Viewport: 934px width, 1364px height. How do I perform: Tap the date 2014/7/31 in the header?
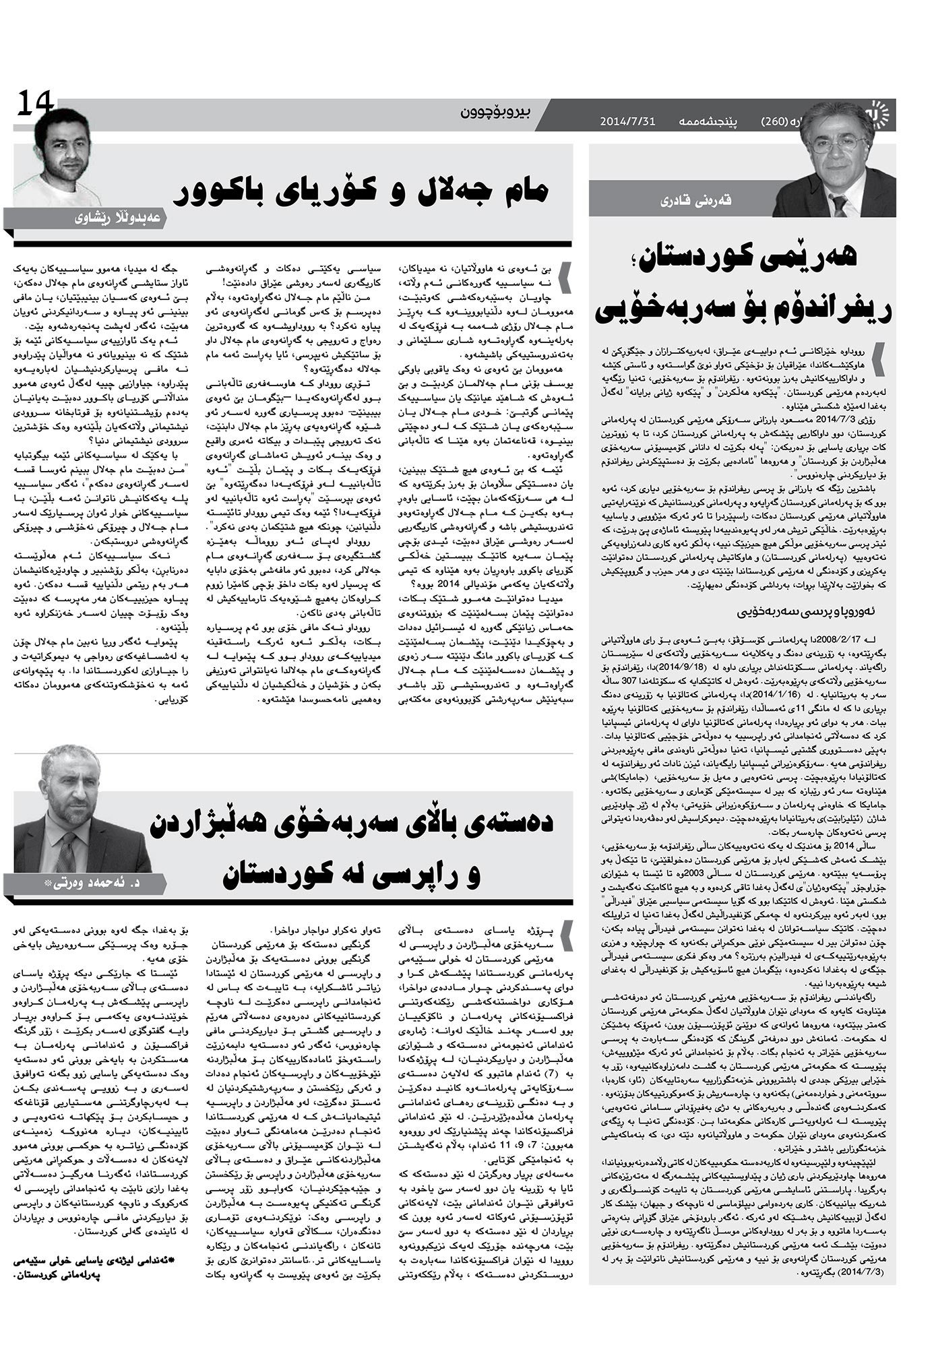click(627, 122)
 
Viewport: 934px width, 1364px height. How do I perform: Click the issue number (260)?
click(775, 122)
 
